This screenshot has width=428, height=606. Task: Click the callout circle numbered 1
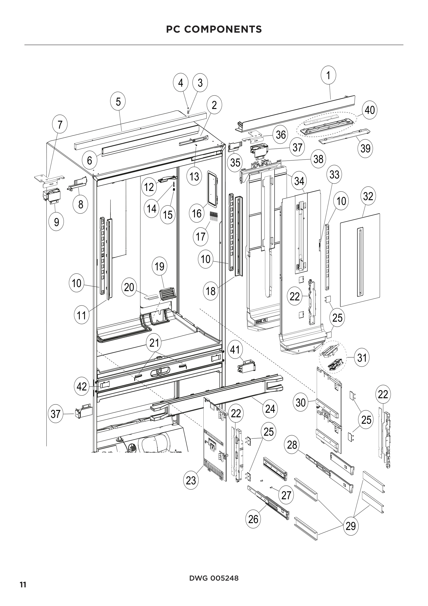(328, 75)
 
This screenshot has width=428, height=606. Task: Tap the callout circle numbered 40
(370, 110)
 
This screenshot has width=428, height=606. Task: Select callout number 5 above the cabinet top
(118, 101)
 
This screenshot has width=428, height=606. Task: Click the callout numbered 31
(362, 358)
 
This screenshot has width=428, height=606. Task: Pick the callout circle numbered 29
(351, 526)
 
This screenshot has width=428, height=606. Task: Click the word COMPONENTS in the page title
(223, 29)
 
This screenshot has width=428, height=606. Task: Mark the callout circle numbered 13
(194, 177)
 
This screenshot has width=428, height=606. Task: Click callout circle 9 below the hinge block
(56, 222)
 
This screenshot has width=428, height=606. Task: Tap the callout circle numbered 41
(235, 350)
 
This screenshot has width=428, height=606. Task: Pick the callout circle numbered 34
(299, 181)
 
